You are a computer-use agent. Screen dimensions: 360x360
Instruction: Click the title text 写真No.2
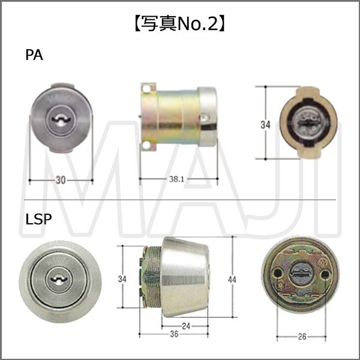point(181,25)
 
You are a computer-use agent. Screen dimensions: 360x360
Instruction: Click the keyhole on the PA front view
point(61,120)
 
